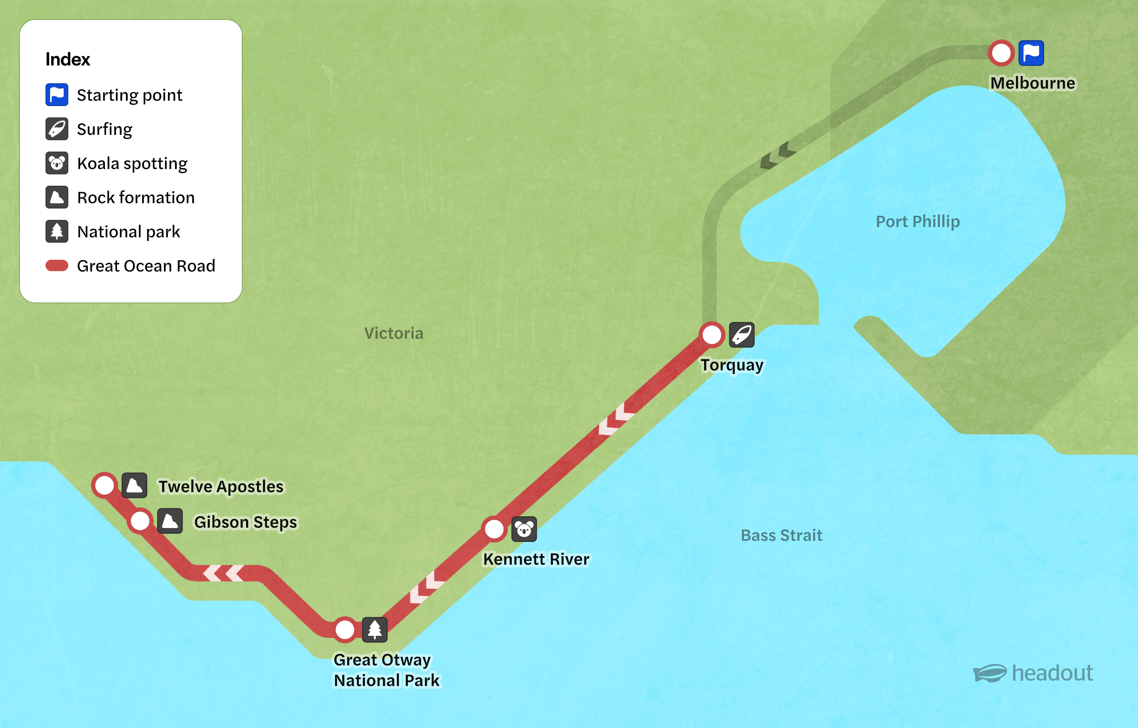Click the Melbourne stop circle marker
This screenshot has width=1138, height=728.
point(1001,53)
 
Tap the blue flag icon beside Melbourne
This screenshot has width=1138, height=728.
point(1031,53)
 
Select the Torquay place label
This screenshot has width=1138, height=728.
point(732,365)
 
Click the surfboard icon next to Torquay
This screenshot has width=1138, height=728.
point(741,335)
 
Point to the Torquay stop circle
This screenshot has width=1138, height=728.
point(712,335)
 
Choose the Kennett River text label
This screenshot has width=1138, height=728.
point(536,559)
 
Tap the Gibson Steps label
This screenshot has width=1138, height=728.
point(245,522)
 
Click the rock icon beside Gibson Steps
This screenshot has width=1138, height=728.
point(170,521)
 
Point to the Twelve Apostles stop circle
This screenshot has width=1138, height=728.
point(105,485)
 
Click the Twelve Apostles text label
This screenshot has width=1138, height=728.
point(221,486)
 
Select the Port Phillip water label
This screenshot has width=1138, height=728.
point(918,221)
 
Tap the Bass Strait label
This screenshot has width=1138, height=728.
point(781,535)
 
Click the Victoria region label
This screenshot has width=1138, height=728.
point(394,333)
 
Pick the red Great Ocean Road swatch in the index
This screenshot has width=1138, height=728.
point(57,266)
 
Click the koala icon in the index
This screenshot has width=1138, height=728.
point(57,163)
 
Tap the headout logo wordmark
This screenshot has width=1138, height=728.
point(1052,673)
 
